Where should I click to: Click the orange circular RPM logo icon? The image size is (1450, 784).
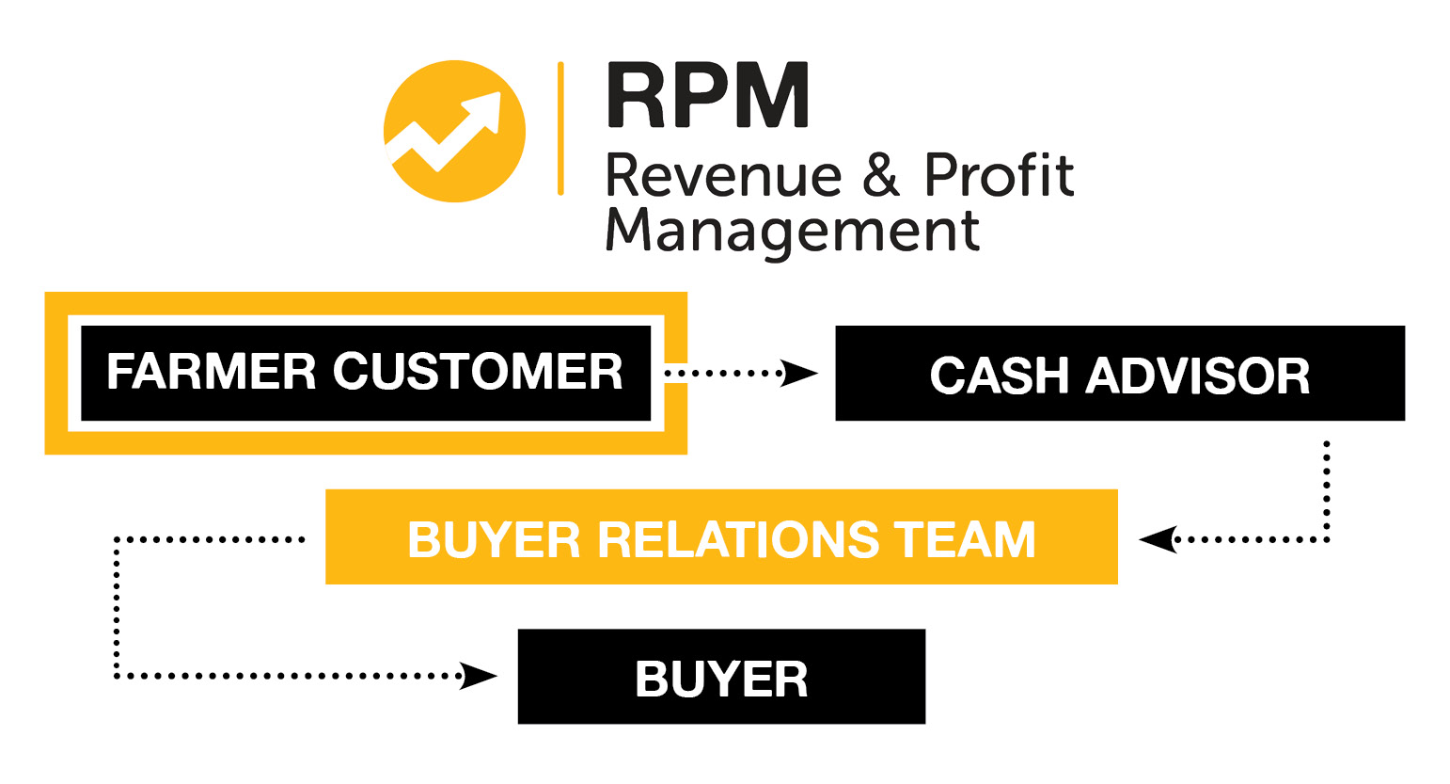(x=454, y=131)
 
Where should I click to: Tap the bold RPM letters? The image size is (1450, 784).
(x=707, y=95)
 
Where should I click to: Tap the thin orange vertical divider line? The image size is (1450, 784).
(x=560, y=128)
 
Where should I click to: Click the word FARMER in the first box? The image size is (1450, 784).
(x=211, y=372)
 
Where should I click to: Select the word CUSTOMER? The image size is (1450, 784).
(x=478, y=372)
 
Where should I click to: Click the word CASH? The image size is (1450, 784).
(x=999, y=376)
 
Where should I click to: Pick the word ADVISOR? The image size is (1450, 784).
(x=1197, y=376)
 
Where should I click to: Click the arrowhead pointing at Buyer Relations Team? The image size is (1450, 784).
(x=1158, y=539)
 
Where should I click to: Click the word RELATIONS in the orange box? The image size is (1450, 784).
(x=737, y=540)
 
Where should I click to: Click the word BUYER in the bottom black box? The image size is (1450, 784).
(x=721, y=679)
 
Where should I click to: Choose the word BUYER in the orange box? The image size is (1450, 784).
(x=494, y=540)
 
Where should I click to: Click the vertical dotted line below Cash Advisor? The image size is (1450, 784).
(x=1327, y=489)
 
